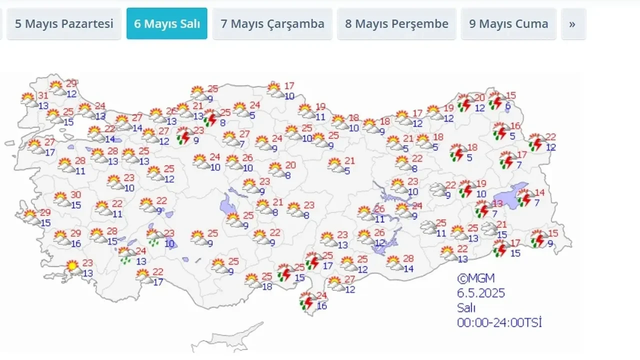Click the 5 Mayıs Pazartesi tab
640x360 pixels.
(64, 23)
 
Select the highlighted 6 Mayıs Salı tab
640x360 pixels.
(166, 23)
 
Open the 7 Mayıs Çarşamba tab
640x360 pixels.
(272, 23)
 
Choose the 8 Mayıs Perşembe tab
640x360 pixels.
(396, 23)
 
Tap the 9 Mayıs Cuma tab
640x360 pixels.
(508, 23)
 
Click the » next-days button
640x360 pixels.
(573, 23)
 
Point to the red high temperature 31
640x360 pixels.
(43, 95)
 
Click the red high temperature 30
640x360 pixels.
(75, 194)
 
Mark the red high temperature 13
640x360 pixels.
(497, 203)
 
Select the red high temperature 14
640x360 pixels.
(539, 192)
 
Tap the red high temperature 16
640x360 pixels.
(515, 125)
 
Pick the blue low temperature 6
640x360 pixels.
(507, 106)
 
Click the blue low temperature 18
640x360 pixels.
(267, 286)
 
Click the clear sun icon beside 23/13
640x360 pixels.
(73, 267)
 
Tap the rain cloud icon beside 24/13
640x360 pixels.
(126, 255)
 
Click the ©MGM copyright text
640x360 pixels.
(475, 278)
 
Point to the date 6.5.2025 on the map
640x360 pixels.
(480, 293)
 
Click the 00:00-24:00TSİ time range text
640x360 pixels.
(499, 322)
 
